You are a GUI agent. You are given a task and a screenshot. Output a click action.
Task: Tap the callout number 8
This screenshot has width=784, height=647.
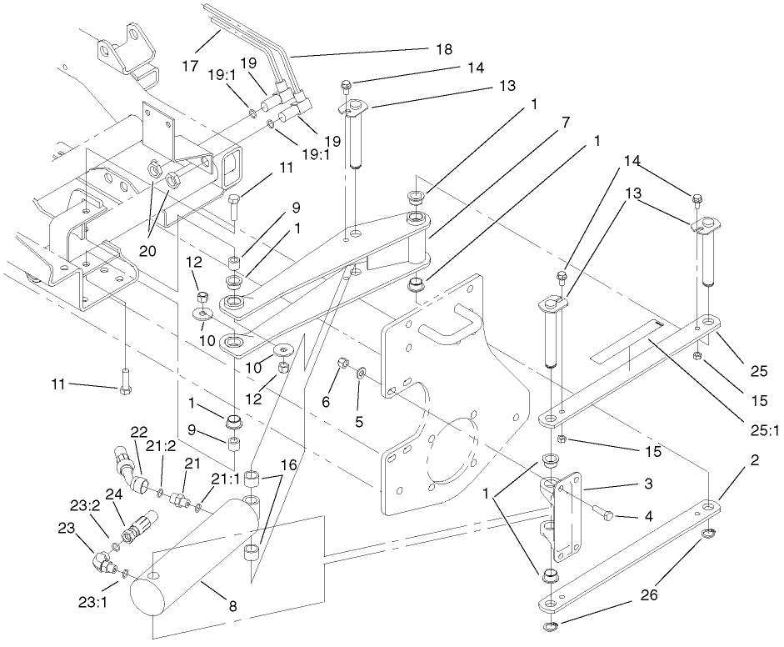(x=233, y=607)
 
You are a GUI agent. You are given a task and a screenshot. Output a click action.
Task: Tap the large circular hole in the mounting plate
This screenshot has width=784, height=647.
(x=450, y=454)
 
